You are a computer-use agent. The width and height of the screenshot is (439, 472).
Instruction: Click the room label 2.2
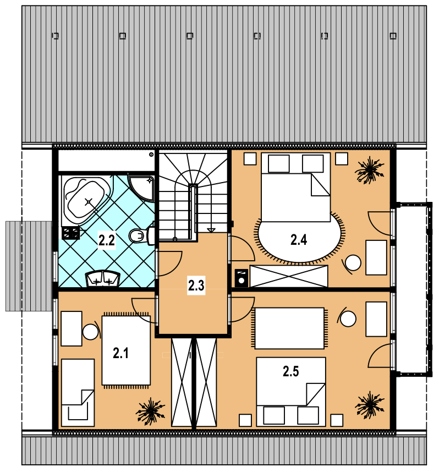point(107,240)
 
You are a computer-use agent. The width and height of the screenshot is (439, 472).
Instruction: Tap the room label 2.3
point(196,286)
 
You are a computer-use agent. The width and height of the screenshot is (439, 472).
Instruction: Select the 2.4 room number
point(299,240)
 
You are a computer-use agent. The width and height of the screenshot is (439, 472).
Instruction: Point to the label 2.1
point(120,353)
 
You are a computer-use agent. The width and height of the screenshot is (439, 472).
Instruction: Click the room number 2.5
point(291,371)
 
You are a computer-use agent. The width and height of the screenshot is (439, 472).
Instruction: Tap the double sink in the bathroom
point(103,278)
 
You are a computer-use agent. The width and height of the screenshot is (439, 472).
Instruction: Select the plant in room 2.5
point(370,405)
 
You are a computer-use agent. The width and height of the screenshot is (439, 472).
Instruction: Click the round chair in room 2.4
point(352,264)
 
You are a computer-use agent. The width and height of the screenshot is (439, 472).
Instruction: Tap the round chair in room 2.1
point(91,331)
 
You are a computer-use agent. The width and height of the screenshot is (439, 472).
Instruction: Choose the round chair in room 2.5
point(347,318)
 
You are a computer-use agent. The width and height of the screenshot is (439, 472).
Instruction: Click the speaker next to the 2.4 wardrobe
point(242,278)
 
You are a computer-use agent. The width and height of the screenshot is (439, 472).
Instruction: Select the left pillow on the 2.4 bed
point(278,164)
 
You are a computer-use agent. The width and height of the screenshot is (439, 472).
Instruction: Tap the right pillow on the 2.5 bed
point(308,415)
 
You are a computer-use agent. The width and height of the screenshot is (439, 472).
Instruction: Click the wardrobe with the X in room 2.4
point(289,276)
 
